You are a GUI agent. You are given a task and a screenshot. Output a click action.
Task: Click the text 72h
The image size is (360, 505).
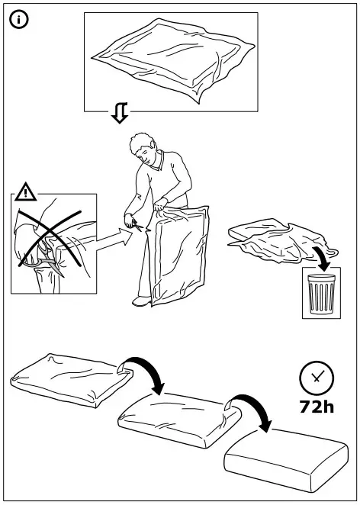[316, 407]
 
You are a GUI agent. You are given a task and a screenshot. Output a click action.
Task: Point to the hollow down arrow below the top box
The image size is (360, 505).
[119, 114]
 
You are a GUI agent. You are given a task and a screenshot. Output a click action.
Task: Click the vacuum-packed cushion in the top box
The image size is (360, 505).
[171, 60]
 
